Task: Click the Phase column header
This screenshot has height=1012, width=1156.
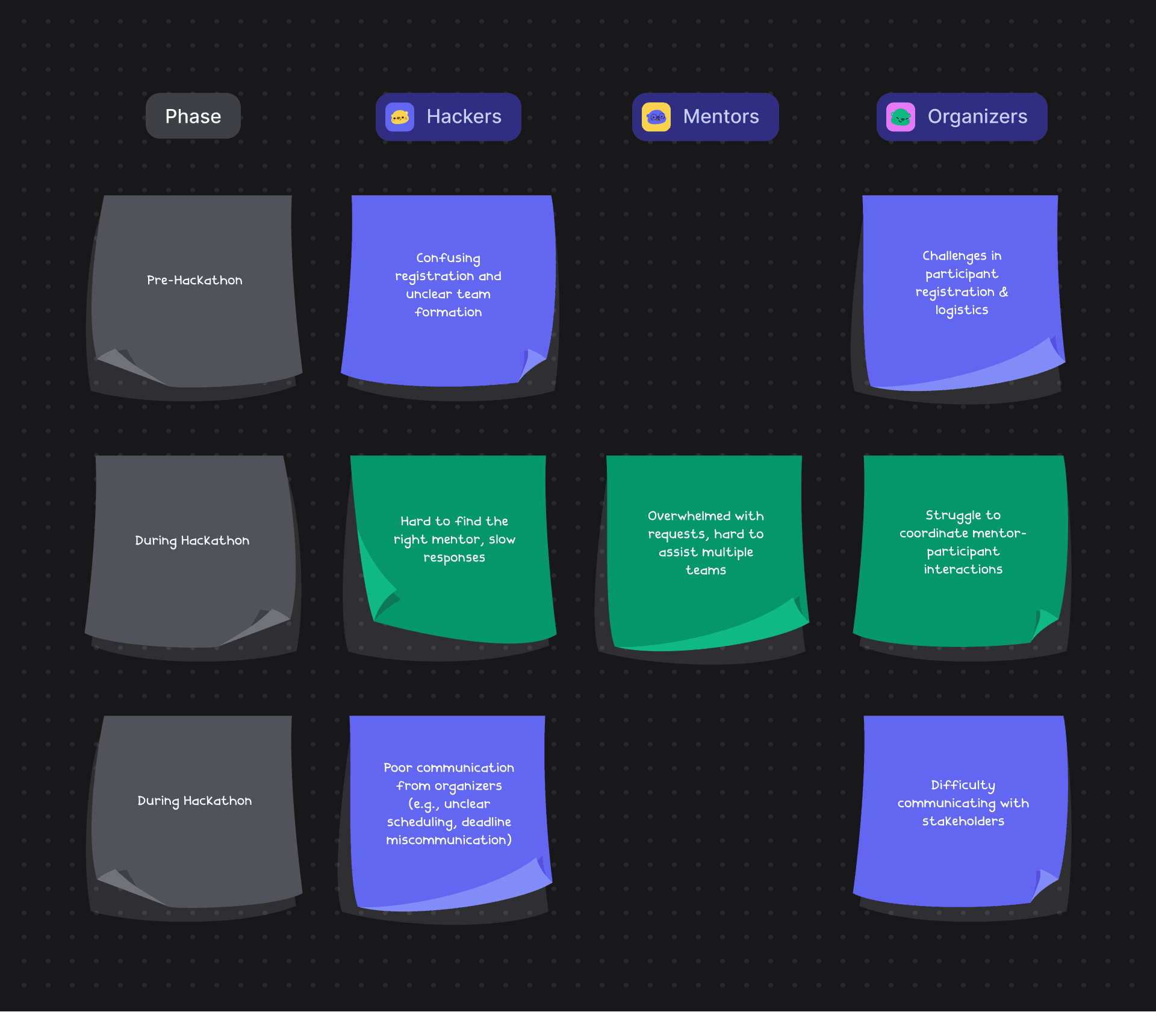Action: pos(193,116)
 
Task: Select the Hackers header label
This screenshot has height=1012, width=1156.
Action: pos(464,116)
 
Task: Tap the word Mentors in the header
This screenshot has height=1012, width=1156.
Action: pos(721,116)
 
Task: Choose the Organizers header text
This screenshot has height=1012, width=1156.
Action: pos(977,116)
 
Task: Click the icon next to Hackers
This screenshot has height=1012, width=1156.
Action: pos(400,117)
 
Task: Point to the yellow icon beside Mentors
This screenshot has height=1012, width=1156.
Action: pos(656,117)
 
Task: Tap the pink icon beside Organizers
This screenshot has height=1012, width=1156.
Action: pos(901,117)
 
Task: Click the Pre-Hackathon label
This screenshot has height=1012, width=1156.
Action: pos(194,280)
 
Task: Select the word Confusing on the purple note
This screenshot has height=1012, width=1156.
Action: pos(448,258)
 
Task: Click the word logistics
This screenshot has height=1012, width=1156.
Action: pos(962,310)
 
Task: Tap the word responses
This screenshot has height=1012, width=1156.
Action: pos(454,558)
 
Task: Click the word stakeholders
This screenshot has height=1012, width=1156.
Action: pos(963,821)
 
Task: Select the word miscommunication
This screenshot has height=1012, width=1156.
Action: pos(448,840)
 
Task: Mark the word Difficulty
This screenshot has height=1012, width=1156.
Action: pos(963,785)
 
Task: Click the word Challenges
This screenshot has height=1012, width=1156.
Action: pos(954,256)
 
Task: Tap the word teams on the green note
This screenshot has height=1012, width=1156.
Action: pos(706,570)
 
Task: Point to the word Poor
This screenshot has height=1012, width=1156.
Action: pos(397,767)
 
